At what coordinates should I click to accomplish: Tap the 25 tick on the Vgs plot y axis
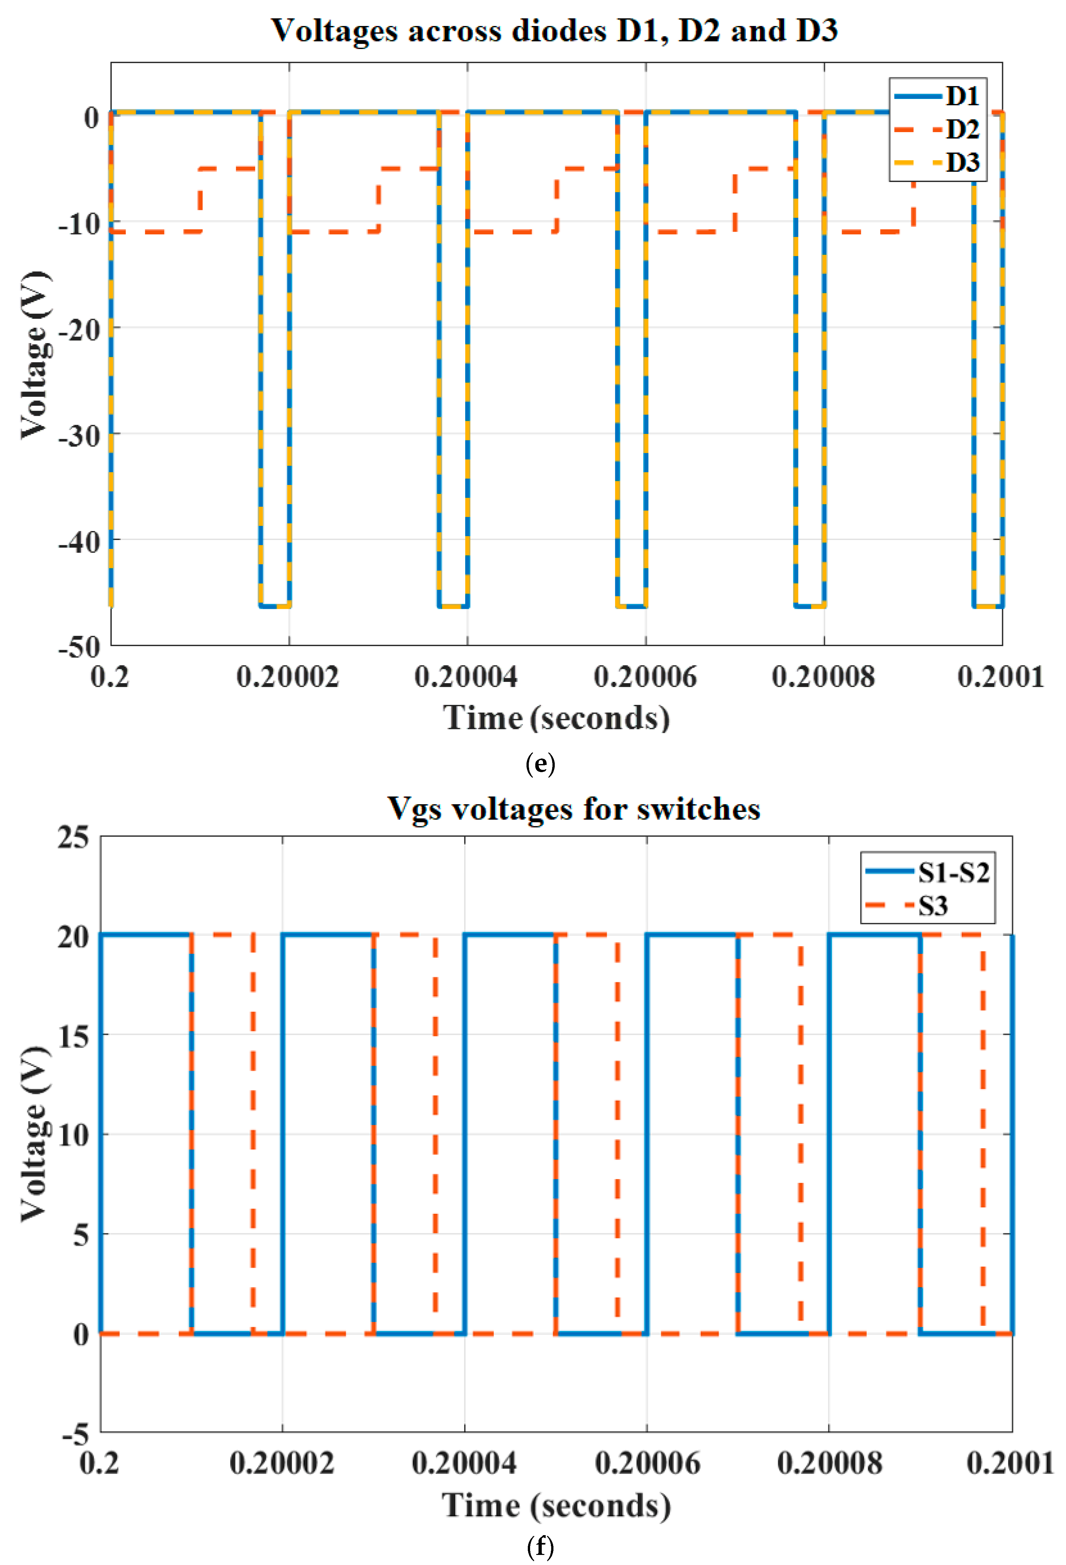click(x=73, y=838)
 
